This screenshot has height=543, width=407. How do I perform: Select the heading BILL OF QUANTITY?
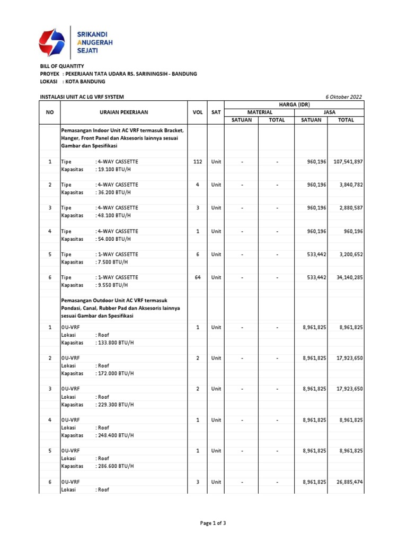(x=62, y=66)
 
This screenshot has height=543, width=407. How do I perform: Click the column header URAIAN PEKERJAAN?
(x=124, y=112)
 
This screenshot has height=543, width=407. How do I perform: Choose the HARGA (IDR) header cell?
(x=294, y=104)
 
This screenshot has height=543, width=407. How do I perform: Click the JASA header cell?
(x=329, y=112)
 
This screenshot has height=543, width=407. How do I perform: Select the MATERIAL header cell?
(x=260, y=112)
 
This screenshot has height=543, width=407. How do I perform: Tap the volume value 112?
(x=198, y=162)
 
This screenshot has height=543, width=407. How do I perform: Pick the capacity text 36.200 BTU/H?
(x=113, y=192)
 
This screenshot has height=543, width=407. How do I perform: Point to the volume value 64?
(x=198, y=277)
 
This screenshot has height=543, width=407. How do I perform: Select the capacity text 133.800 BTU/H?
(x=115, y=343)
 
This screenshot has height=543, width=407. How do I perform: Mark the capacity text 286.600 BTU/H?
(x=115, y=466)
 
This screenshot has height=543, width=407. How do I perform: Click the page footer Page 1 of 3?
(x=213, y=523)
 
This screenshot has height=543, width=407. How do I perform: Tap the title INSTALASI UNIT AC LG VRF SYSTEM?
(x=82, y=97)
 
